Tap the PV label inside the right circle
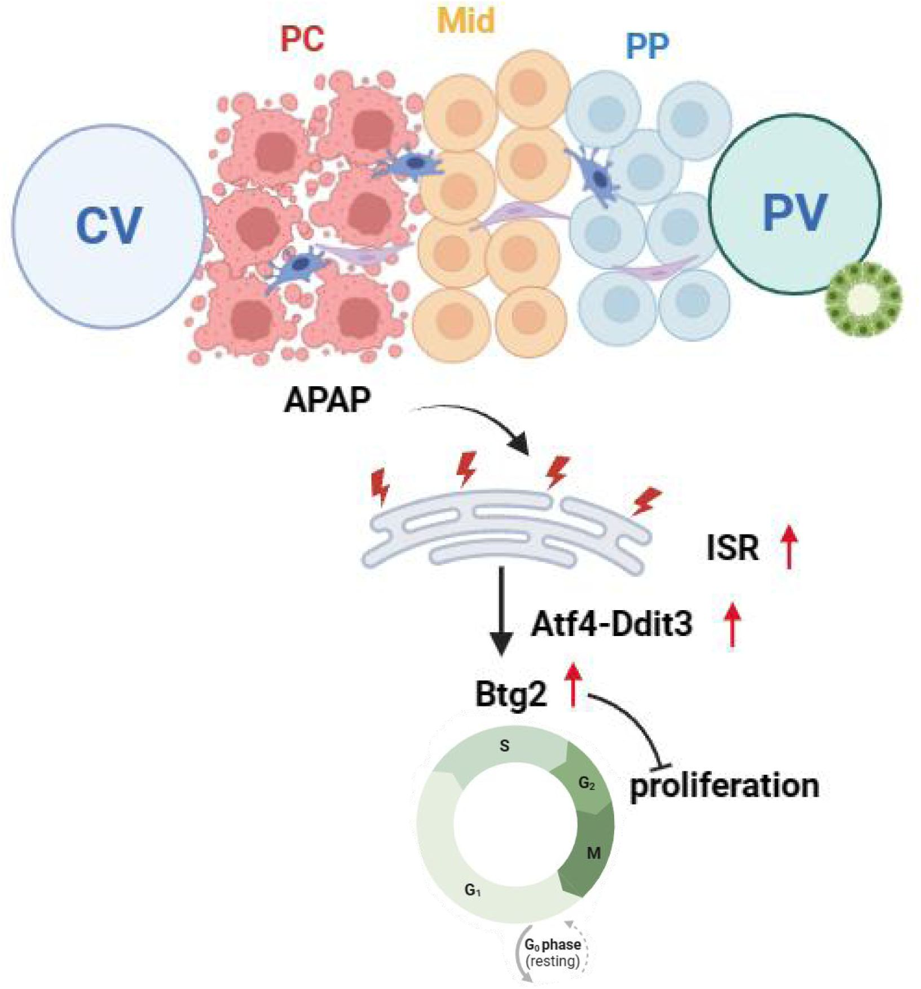pos(795,211)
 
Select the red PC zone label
pos(302,38)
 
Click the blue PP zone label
pos(647,46)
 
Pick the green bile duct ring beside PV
pos(862,299)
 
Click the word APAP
pos(327,401)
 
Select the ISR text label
pos(732,547)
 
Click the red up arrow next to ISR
pos(788,545)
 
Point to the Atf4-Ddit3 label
pos(612,624)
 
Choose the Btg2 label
pos(511,694)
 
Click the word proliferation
pos(724,785)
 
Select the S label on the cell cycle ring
pos(504,746)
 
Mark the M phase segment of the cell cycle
pos(592,853)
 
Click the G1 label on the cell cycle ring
pos(473,890)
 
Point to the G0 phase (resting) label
pos(552,953)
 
